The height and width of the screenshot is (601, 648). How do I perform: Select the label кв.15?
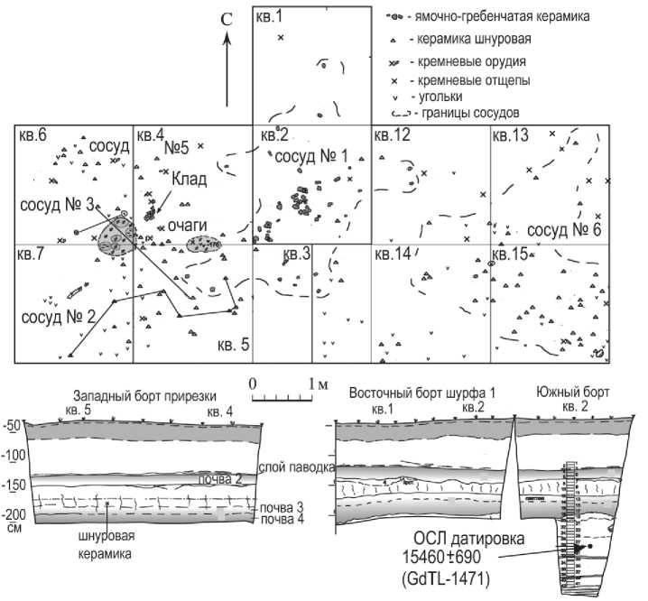pos(510,254)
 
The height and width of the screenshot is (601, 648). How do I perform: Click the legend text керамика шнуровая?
pos(468,40)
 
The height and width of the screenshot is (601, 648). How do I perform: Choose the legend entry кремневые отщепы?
pos(468,79)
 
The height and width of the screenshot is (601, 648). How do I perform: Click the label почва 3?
pos(282,508)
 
